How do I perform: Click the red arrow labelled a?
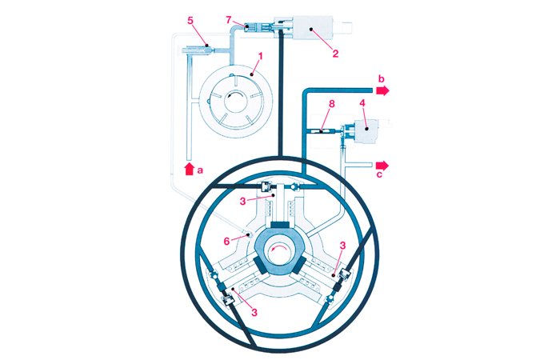click(190, 169)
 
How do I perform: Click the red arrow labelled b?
click(382, 90)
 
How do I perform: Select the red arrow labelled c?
click(382, 165)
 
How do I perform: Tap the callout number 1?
click(260, 56)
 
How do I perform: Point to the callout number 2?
click(335, 54)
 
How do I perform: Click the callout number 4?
click(362, 103)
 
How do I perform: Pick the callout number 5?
click(190, 20)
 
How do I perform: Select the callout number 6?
click(226, 242)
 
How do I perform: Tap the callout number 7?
click(229, 20)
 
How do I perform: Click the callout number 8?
click(332, 103)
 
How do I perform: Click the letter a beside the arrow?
click(200, 170)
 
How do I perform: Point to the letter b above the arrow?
click(382, 78)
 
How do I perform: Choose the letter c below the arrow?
click(379, 174)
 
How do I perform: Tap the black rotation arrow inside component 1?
click(235, 94)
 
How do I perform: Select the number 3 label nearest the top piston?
click(242, 201)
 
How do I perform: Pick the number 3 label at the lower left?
click(254, 313)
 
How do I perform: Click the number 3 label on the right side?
click(342, 246)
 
